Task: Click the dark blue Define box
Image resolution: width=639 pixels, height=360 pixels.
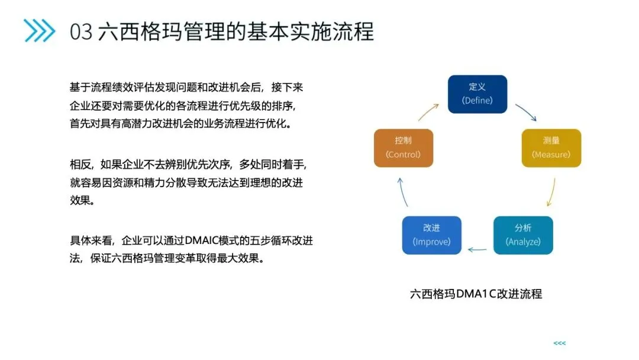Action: pyautogui.click(x=477, y=94)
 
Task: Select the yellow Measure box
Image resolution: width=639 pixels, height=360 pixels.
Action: pyautogui.click(x=551, y=148)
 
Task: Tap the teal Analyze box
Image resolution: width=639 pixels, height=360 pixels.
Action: pyautogui.click(x=523, y=235)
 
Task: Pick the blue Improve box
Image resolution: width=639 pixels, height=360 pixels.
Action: pyautogui.click(x=431, y=235)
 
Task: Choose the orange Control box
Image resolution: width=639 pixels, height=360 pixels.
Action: pyautogui.click(x=404, y=148)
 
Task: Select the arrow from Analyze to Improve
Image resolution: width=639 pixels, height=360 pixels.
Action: pyautogui.click(x=477, y=249)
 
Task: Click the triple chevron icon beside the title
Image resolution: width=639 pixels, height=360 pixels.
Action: pyautogui.click(x=39, y=31)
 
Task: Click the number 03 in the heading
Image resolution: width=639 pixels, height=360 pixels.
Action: pyautogui.click(x=81, y=31)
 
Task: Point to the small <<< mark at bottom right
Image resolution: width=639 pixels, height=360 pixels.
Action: pyautogui.click(x=559, y=343)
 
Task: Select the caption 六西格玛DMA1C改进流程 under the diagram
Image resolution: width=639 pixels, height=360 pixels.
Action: pyautogui.click(x=476, y=294)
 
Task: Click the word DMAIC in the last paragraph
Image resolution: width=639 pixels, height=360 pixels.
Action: pyautogui.click(x=202, y=241)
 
